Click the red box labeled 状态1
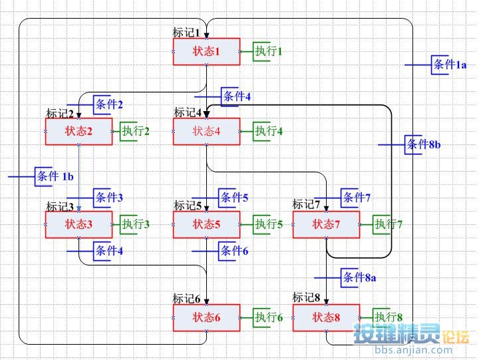pos(206,51)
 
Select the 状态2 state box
pos(79,131)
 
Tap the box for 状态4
pos(206,131)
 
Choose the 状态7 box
pos(326,224)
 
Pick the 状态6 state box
pos(206,317)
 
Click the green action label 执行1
pos(269,51)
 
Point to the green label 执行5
pos(269,224)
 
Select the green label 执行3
pos(135,224)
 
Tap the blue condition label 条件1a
pos(450,65)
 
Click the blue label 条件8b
pos(424,144)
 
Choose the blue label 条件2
pos(109,104)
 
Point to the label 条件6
pos(234,251)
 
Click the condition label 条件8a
pos(359,277)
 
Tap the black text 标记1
pos(186,33)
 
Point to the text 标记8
pos(307,297)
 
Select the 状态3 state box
pos(79,224)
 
